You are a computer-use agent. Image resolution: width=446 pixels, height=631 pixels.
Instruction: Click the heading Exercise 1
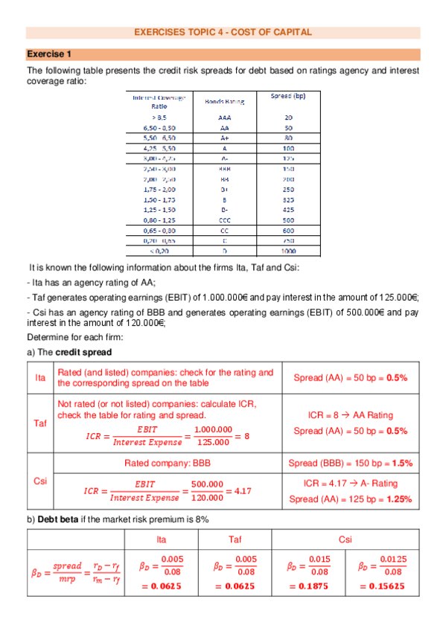tap(49, 54)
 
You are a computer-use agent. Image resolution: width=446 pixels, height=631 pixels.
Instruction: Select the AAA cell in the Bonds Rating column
tap(225, 117)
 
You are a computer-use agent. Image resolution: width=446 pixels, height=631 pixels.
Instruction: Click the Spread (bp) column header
tap(287, 96)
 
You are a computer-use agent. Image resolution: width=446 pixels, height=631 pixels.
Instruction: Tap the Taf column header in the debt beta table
tap(236, 539)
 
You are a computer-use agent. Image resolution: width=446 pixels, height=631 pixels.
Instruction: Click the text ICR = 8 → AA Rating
tap(350, 415)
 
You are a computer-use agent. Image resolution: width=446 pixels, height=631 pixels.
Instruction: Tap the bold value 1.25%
tap(398, 499)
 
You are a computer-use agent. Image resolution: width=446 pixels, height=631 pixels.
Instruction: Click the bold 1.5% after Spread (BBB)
tap(402, 463)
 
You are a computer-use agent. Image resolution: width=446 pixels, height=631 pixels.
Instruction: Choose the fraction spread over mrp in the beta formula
tap(68, 569)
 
